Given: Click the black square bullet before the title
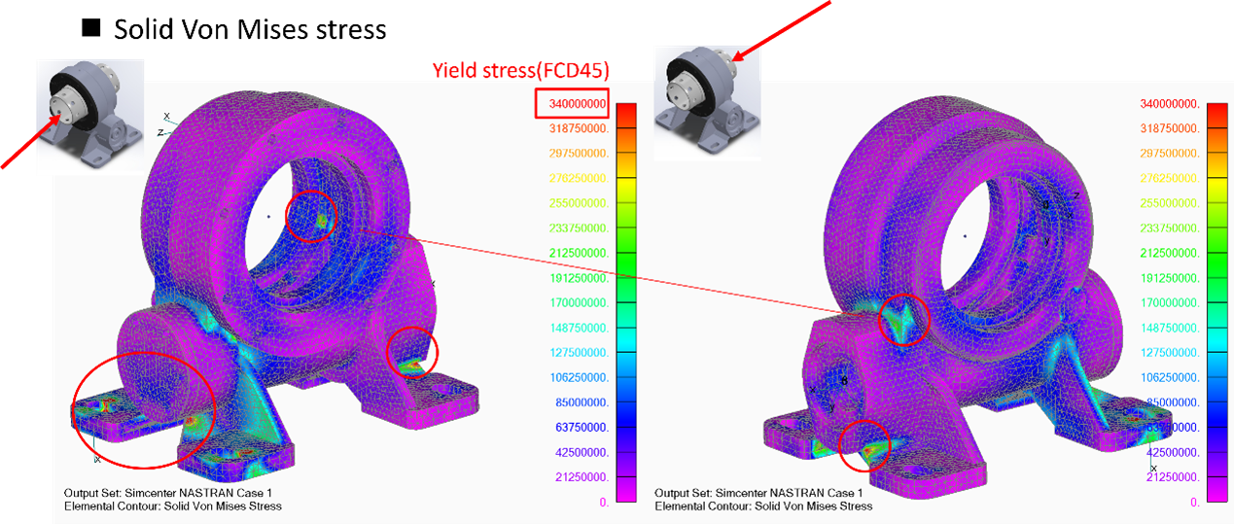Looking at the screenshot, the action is (x=90, y=28).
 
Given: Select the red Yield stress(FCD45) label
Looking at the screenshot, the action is (x=520, y=71).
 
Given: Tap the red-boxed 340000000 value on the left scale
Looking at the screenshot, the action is (x=572, y=103).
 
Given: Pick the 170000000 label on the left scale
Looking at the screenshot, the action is (x=579, y=302).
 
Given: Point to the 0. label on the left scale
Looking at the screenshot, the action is (x=604, y=502).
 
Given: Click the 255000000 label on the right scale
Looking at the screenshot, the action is (x=1170, y=203).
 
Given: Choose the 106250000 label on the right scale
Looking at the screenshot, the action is (x=1170, y=377).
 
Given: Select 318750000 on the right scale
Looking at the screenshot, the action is (x=1170, y=128).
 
